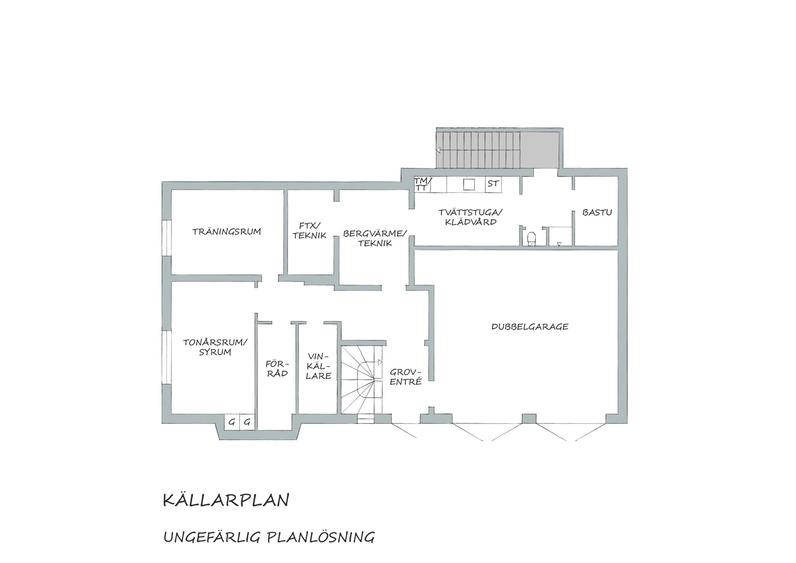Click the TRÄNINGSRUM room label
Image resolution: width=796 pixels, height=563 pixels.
[227, 232]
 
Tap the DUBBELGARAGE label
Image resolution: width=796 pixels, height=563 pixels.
[530, 327]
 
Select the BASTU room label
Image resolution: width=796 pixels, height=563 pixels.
[597, 213]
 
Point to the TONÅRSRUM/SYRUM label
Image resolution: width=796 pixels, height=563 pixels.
[215, 347]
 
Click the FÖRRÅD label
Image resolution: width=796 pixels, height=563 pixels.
[277, 369]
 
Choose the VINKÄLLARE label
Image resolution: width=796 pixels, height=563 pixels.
[319, 366]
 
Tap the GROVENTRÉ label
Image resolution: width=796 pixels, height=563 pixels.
[406, 377]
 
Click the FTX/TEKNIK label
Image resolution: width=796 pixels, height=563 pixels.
[310, 231]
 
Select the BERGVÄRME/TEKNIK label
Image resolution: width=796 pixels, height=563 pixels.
[375, 238]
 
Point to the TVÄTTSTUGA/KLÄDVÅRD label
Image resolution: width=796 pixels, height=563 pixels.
[470, 217]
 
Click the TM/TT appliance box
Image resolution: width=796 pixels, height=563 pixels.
[422, 185]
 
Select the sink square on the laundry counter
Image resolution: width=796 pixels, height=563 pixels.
[469, 185]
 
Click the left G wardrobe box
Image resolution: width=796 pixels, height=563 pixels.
[232, 422]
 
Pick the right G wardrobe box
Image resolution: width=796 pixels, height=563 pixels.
[247, 422]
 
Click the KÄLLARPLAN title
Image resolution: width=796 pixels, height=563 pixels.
[226, 501]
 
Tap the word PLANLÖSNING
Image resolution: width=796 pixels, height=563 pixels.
[321, 537]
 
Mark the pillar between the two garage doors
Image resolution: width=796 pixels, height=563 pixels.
[529, 419]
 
